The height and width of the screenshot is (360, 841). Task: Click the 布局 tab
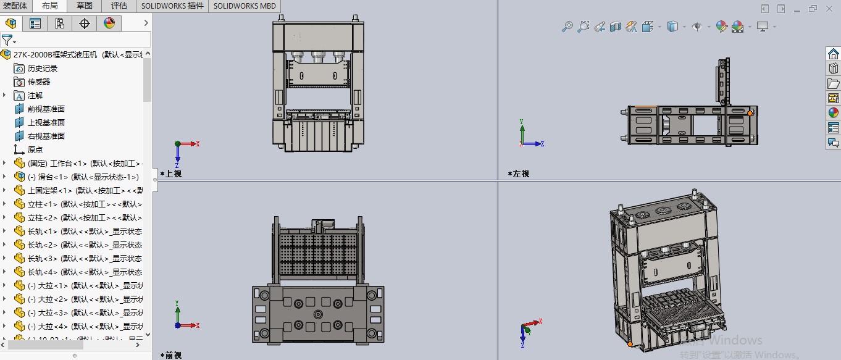pyautogui.click(x=50, y=6)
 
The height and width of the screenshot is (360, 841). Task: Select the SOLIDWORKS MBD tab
pyautogui.click(x=245, y=6)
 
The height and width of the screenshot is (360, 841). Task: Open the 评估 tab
pyautogui.click(x=119, y=6)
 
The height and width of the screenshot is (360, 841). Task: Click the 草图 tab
pyautogui.click(x=85, y=6)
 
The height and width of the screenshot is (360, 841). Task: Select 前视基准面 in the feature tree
pyautogui.click(x=46, y=109)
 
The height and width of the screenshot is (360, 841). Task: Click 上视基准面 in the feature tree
pyautogui.click(x=46, y=123)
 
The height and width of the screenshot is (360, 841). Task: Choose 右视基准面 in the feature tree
pyautogui.click(x=46, y=136)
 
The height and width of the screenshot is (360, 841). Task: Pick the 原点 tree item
pyautogui.click(x=35, y=150)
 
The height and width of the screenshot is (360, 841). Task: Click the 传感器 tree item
pyautogui.click(x=38, y=82)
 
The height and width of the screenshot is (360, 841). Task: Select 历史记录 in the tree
pyautogui.click(x=42, y=69)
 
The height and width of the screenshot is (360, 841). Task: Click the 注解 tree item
pyautogui.click(x=35, y=96)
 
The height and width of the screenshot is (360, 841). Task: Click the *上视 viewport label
pyautogui.click(x=171, y=174)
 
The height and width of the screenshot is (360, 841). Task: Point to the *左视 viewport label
pyautogui.click(x=518, y=174)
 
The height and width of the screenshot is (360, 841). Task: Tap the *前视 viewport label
pyautogui.click(x=171, y=355)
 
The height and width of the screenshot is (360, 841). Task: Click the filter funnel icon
pyautogui.click(x=7, y=40)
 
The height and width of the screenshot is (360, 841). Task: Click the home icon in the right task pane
pyautogui.click(x=833, y=54)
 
